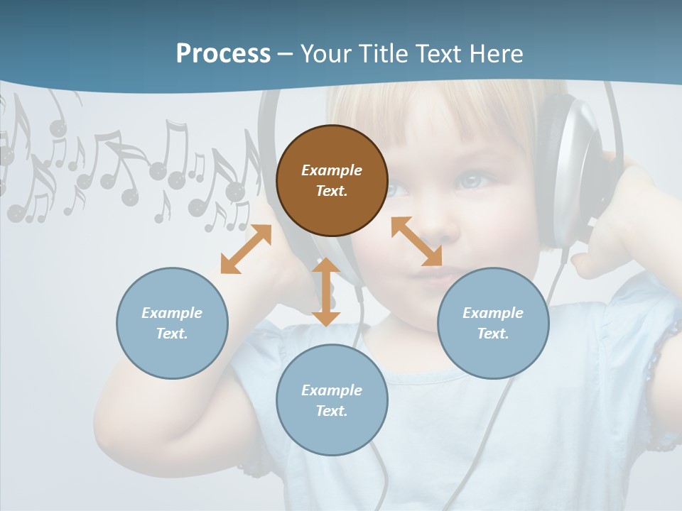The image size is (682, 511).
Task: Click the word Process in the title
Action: (x=223, y=54)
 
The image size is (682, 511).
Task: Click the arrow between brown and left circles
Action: (x=246, y=249)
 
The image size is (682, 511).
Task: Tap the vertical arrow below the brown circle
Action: (x=326, y=292)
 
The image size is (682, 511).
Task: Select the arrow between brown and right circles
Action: (x=416, y=241)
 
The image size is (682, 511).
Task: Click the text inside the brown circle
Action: (x=332, y=180)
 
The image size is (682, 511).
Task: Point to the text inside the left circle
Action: (x=172, y=323)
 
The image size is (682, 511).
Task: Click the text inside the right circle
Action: (x=493, y=323)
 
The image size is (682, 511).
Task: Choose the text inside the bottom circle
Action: (x=332, y=400)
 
